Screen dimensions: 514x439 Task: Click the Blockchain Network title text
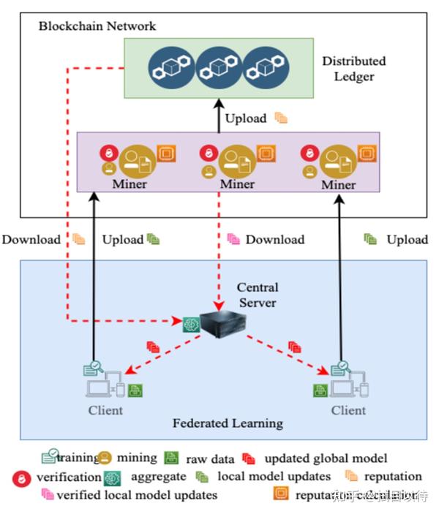97,26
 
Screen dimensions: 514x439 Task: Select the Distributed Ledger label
353,69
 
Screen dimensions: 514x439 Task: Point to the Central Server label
257,294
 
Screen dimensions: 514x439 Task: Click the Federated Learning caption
228,423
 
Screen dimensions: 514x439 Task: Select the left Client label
105,410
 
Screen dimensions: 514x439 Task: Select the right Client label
348,411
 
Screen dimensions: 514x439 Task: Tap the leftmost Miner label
130,184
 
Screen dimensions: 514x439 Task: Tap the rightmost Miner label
338,185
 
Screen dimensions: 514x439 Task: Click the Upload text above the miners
245,118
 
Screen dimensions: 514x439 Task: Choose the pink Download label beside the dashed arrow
274,240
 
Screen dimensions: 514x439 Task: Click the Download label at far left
31,240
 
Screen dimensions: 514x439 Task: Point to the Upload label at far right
407,240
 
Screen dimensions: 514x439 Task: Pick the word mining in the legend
137,458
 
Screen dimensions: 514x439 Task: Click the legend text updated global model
326,459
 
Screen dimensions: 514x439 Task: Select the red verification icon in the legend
21,477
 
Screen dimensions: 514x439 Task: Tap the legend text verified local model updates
137,495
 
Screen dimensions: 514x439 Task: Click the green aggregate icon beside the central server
192,322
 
